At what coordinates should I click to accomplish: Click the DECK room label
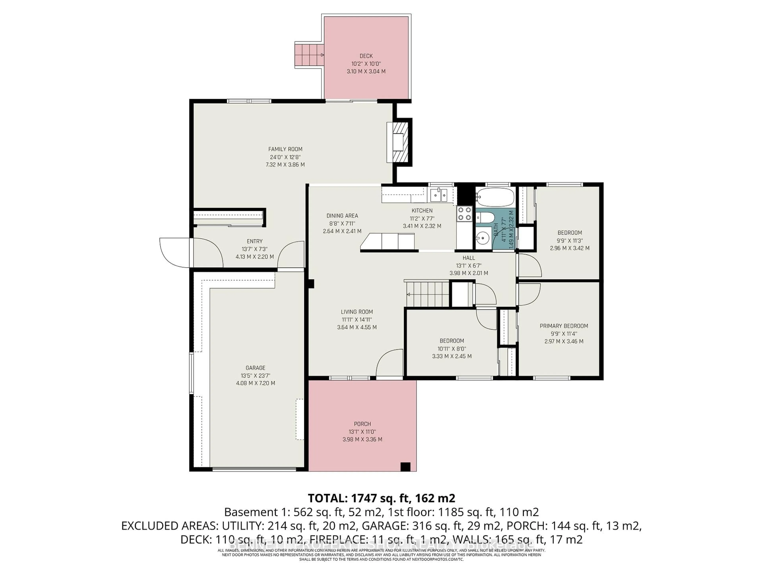pos(366,56)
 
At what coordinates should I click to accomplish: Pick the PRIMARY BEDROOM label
pos(564,326)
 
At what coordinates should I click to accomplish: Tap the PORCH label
pos(362,424)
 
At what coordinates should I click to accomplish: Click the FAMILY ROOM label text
pos(285,149)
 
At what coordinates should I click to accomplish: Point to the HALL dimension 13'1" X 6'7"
pos(468,266)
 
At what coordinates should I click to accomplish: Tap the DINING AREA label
pos(342,216)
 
